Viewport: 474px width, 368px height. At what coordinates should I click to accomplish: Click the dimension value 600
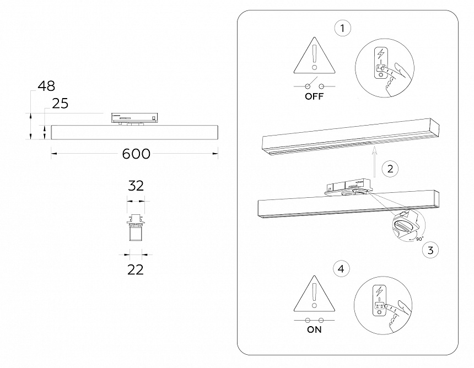tap(136, 154)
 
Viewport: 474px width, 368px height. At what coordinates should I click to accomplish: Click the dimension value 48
tap(46, 86)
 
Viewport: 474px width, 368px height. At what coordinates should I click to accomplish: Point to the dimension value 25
tap(60, 104)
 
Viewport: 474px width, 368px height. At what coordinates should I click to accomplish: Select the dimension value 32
tap(136, 186)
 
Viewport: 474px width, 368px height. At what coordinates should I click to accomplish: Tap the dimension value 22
tap(135, 269)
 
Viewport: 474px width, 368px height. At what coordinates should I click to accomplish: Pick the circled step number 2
tap(390, 169)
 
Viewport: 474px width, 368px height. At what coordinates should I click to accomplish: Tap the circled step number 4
tap(342, 269)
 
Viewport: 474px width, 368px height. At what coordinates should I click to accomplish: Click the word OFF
tap(314, 96)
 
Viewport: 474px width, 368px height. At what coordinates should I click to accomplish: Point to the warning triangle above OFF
tap(314, 57)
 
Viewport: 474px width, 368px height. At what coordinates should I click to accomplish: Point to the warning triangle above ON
tap(314, 293)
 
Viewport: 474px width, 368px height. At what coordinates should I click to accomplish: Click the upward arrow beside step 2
tap(374, 160)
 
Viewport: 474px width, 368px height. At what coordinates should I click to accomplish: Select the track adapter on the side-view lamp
tap(135, 117)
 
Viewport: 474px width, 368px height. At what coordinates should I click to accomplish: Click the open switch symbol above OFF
tap(314, 85)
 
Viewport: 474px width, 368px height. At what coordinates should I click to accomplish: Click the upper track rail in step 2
tap(353, 136)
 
